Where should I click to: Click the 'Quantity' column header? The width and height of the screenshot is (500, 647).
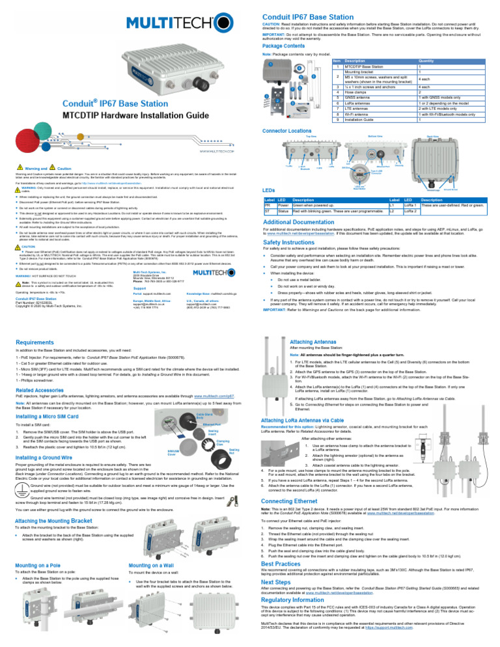click(428, 60)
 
